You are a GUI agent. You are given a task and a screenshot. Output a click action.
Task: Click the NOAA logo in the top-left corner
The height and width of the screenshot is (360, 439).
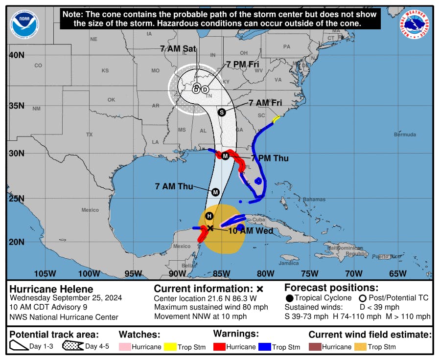click(x=24, y=24)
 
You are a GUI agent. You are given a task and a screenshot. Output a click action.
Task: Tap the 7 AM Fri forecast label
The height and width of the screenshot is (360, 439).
click(x=265, y=103)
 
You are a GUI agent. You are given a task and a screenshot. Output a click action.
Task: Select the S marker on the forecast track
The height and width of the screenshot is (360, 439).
click(x=222, y=112)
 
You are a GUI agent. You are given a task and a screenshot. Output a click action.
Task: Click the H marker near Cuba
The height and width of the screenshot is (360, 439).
click(x=209, y=216)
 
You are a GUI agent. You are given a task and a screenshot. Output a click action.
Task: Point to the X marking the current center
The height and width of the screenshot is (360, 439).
click(x=210, y=228)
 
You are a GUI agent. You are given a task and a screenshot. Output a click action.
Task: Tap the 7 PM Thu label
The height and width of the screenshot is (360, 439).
click(x=269, y=158)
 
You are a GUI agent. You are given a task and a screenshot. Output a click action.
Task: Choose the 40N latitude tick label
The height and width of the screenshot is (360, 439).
click(x=17, y=55)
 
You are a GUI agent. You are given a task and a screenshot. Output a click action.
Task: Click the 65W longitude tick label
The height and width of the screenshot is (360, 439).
click(x=398, y=273)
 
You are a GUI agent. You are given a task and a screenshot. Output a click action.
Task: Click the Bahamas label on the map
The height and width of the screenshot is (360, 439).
click(x=314, y=200)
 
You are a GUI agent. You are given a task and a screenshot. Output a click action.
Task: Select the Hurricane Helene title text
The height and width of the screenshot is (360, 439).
click(x=51, y=289)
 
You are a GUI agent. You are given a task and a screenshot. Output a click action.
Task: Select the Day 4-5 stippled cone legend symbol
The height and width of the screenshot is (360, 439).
click(x=72, y=347)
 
